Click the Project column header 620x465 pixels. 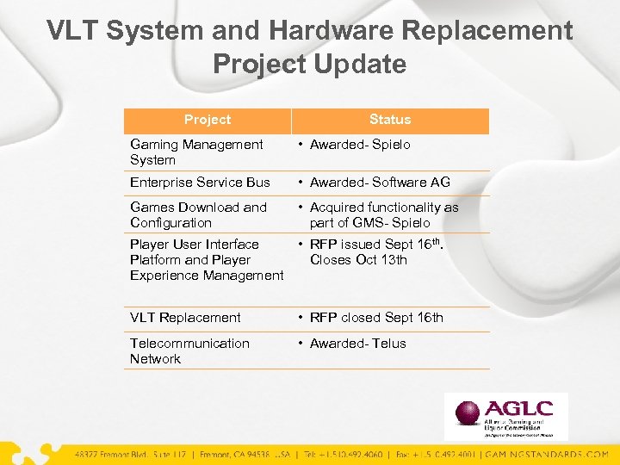[x=208, y=120]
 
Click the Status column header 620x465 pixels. [x=390, y=120]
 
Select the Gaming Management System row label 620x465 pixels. [x=196, y=152]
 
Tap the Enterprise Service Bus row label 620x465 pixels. [x=200, y=183]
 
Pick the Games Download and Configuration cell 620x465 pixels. [x=198, y=214]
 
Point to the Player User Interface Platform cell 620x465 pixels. [x=206, y=260]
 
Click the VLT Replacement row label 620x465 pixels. [x=185, y=318]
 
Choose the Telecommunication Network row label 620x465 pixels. [x=189, y=350]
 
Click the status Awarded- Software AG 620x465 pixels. [x=379, y=183]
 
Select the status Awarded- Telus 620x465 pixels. [x=357, y=344]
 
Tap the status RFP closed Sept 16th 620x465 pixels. [x=376, y=318]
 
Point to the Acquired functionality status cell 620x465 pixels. [x=383, y=214]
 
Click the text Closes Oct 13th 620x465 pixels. [x=358, y=260]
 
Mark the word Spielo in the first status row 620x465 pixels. [x=392, y=145]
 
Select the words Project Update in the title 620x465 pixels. [x=309, y=64]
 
